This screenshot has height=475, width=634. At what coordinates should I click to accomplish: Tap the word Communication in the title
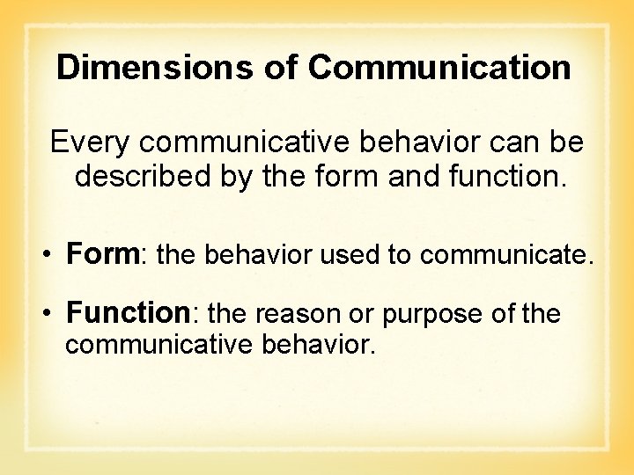coord(440,68)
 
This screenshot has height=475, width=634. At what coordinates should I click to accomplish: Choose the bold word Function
coord(128,313)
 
